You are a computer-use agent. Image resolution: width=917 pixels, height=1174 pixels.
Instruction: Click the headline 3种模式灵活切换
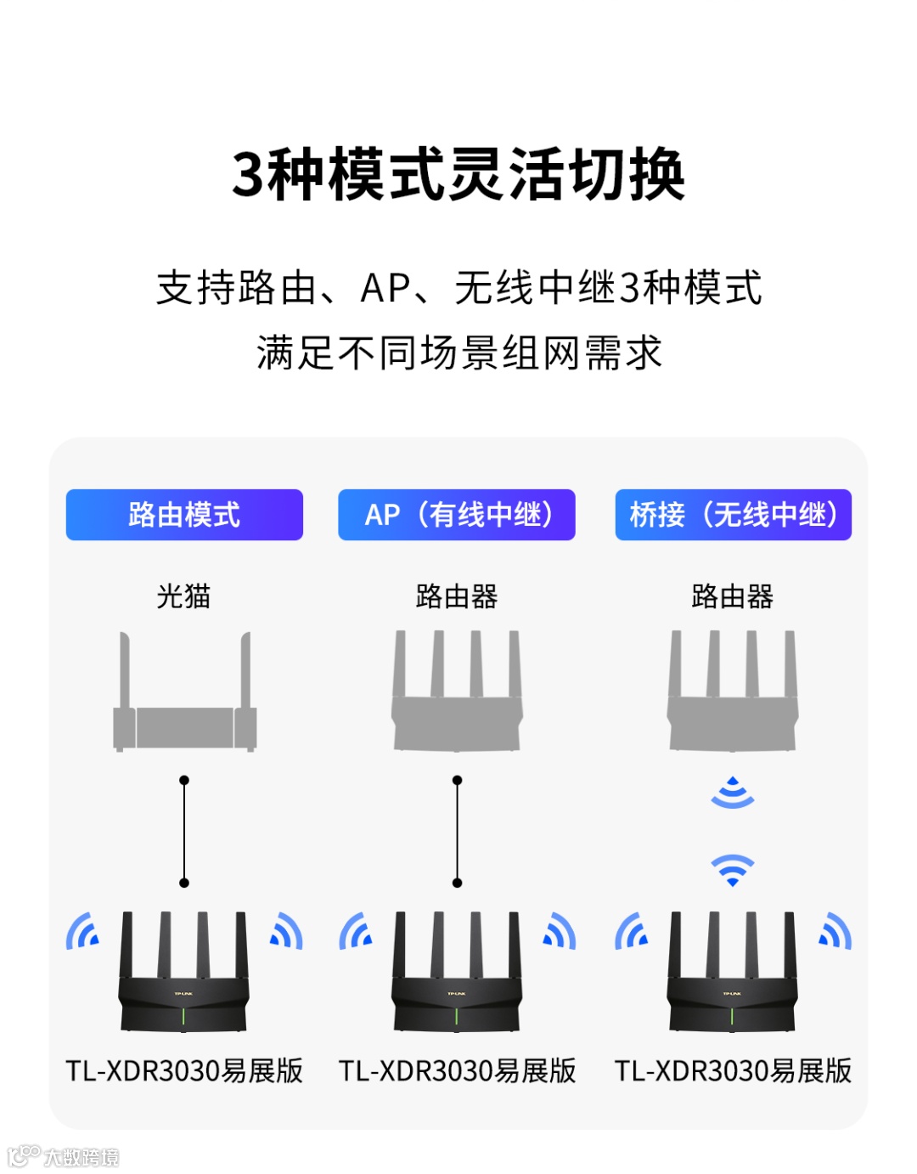click(458, 174)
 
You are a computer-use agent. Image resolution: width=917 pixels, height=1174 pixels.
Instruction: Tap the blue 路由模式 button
click(184, 515)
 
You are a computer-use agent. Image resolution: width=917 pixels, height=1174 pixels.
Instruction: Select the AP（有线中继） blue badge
click(457, 515)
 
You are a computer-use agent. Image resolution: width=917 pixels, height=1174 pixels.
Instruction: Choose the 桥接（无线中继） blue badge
click(733, 515)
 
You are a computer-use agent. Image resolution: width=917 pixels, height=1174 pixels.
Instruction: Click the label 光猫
click(183, 596)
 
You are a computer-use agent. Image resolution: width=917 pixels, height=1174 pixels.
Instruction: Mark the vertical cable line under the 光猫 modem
click(184, 831)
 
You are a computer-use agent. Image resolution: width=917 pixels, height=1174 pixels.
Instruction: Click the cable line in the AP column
click(457, 831)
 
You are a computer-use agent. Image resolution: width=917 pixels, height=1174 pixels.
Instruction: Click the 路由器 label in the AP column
click(457, 596)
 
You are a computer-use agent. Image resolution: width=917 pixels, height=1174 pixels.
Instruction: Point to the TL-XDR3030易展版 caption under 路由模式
click(184, 1070)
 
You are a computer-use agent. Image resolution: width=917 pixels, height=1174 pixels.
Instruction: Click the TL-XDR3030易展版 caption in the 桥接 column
click(733, 1070)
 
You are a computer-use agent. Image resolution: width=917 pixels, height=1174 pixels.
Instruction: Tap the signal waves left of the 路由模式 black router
click(82, 931)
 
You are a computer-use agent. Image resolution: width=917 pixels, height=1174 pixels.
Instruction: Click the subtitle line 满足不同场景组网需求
click(458, 353)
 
